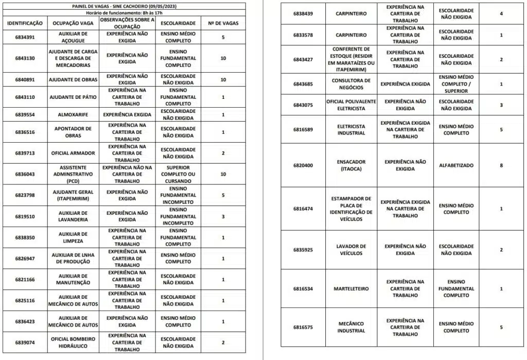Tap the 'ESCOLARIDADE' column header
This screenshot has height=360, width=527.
tap(178, 23)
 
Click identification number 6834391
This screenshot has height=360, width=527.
tap(25, 38)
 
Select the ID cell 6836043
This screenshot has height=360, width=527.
tap(25, 174)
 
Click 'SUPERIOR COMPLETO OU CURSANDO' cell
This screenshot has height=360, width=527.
tap(178, 174)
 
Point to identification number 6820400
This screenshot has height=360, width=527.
tap(303, 165)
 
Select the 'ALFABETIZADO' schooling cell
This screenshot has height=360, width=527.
tap(456, 165)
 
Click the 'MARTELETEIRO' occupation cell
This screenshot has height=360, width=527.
tap(352, 289)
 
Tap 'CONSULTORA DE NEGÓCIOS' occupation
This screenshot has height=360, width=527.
tap(352, 84)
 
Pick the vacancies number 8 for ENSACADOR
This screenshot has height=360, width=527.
tap(501, 165)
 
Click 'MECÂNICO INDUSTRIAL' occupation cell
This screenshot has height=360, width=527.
tap(352, 327)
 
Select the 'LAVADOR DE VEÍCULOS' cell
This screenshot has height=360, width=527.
tap(352, 250)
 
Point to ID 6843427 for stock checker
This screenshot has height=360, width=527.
tap(303, 59)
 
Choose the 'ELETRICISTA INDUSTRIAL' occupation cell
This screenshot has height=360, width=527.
tap(352, 129)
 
